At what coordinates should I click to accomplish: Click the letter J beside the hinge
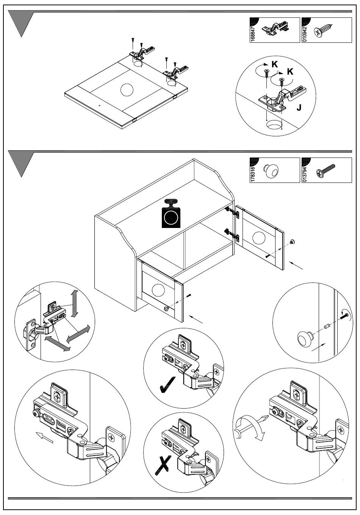(299, 108)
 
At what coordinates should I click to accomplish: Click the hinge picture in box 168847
(275, 28)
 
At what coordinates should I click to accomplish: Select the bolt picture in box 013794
(326, 170)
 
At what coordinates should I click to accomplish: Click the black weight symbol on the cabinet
(171, 213)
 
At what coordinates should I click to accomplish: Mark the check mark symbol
(167, 385)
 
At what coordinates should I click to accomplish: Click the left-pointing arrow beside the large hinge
(45, 437)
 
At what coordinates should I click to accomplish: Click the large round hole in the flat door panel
(127, 90)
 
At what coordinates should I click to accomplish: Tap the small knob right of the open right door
(293, 242)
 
